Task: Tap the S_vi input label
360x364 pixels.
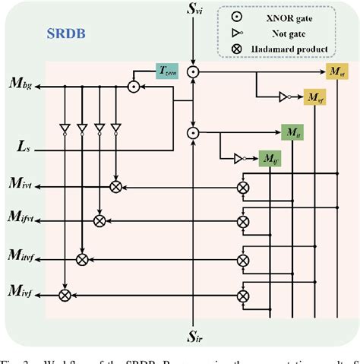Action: pyautogui.click(x=195, y=11)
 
